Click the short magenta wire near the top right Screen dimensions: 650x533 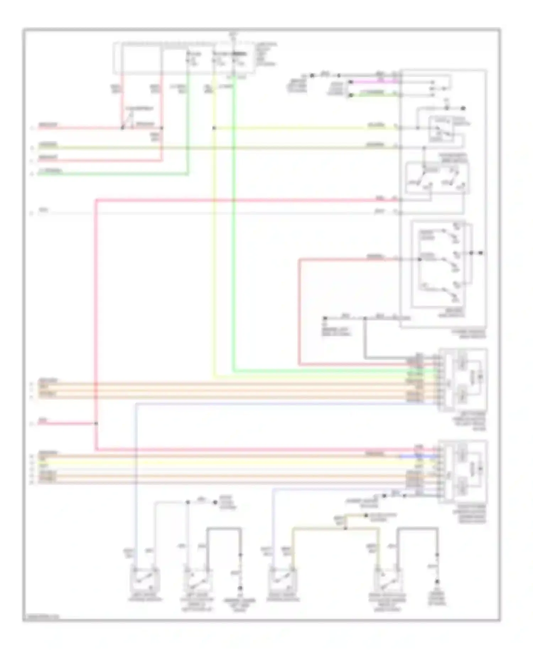(x=373, y=81)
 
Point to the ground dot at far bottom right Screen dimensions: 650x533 (x=437, y=582)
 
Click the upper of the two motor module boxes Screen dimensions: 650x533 (x=463, y=379)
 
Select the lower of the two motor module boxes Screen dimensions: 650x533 (x=463, y=471)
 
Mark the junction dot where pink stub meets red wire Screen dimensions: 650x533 (x=96, y=423)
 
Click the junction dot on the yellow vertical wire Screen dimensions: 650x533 (x=214, y=128)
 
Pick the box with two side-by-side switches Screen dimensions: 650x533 (x=437, y=178)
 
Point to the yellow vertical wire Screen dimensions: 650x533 (x=214, y=249)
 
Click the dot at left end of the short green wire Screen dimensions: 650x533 (x=350, y=95)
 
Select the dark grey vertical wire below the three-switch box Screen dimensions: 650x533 (x=365, y=338)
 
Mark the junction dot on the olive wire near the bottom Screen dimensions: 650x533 (x=345, y=528)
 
